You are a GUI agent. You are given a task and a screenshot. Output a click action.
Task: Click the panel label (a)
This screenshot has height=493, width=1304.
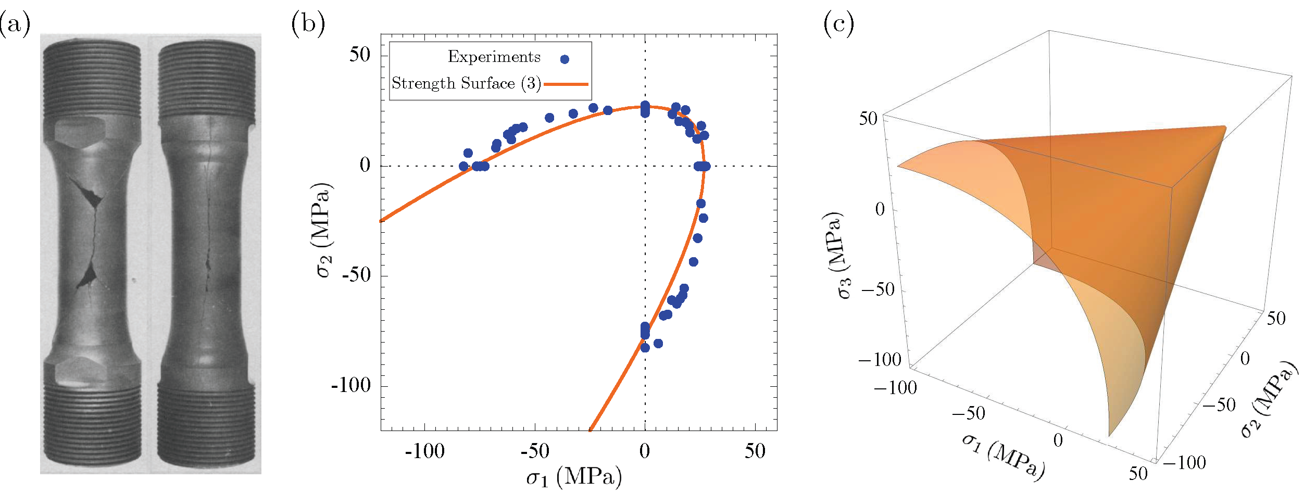click(15, 24)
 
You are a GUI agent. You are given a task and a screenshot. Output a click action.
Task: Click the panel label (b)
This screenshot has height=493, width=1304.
click(308, 24)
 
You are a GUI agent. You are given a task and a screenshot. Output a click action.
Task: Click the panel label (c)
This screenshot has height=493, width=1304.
click(838, 24)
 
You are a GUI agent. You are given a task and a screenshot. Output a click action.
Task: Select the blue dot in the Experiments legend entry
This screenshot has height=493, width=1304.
click(565, 59)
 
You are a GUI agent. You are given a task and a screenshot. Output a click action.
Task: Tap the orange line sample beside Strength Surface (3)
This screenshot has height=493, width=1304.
click(566, 84)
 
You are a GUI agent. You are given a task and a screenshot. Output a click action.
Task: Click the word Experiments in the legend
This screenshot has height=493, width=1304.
click(494, 57)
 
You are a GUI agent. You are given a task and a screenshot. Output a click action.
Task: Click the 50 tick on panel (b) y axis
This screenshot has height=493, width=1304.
click(360, 55)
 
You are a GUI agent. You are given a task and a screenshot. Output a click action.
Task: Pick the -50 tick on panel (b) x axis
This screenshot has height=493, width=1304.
click(535, 451)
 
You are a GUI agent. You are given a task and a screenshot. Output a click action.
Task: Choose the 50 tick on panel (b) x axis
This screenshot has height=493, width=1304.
click(755, 451)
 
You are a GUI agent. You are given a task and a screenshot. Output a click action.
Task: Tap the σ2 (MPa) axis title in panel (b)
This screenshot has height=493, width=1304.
click(324, 230)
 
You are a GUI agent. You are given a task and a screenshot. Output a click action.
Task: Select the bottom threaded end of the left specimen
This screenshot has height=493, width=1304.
click(92, 427)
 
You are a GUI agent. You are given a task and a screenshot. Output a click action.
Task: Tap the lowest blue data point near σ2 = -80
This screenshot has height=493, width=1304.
click(645, 348)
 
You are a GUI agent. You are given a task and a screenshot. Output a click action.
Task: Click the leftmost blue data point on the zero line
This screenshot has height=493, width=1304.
click(463, 167)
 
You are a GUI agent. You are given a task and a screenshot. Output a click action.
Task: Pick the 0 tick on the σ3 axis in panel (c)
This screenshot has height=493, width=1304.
click(880, 209)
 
